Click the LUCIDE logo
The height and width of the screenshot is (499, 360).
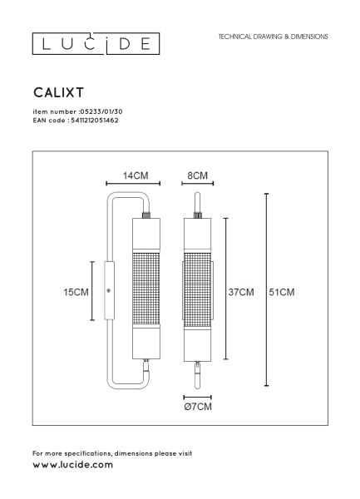(96, 43)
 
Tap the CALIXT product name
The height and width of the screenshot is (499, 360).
(58, 92)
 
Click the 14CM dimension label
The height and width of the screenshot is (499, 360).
(136, 175)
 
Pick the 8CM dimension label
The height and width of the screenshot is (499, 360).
(197, 175)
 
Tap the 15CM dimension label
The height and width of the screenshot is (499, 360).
(76, 292)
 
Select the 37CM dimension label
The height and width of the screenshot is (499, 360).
(241, 292)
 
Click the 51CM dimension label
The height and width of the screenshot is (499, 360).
(282, 292)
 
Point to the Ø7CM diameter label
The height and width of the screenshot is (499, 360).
(198, 407)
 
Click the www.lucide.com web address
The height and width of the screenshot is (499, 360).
(73, 465)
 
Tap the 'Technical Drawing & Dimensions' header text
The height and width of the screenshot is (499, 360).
(273, 37)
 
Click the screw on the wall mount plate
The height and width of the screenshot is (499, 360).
(108, 290)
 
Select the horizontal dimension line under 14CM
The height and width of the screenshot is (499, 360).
(133, 183)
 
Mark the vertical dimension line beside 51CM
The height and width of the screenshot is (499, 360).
(267, 289)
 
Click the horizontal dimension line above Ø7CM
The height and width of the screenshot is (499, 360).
(198, 398)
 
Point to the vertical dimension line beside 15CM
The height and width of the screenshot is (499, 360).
(92, 291)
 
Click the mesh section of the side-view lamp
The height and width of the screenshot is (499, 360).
(146, 289)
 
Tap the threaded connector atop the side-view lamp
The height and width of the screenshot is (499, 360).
(146, 215)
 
